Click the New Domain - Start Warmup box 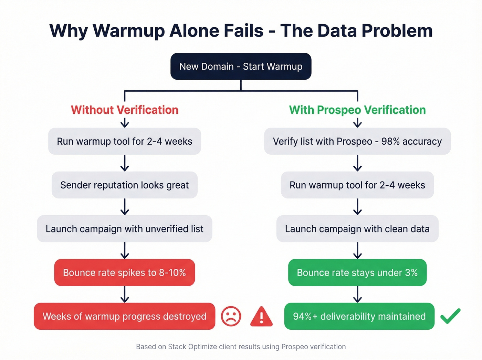pos(241,66)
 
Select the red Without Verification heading pos(125,110)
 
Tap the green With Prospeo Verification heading pos(357,110)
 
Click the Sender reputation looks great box pos(125,185)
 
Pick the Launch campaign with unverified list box pos(125,229)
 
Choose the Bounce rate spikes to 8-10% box pos(125,272)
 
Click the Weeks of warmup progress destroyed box pos(125,316)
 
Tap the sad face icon pos(231,316)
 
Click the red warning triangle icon pos(261,317)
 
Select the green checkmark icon pos(450,316)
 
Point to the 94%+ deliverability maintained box pos(359,316)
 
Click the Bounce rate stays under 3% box pos(357,272)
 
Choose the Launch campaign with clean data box pos(357,229)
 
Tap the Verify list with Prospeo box pos(357,141)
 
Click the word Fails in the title pos(244,31)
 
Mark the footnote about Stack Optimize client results pos(241,347)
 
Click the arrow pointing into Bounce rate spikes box pos(125,250)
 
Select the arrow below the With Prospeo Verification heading pos(357,122)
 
